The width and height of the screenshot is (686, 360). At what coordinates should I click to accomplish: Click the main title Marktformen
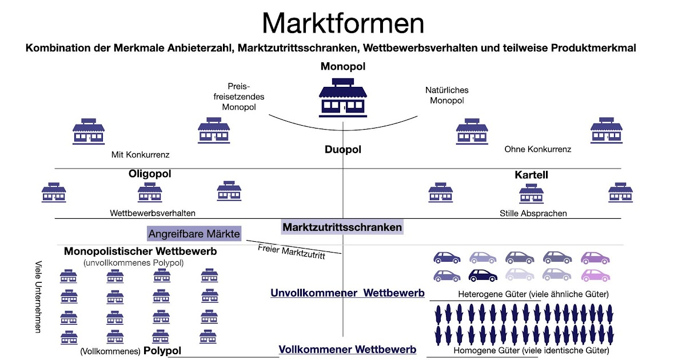[x=343, y=23]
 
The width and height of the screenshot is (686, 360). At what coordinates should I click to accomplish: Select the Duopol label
[x=343, y=150]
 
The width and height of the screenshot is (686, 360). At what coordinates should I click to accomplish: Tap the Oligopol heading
[x=150, y=174]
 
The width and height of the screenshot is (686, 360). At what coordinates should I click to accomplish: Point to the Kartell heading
[x=531, y=175]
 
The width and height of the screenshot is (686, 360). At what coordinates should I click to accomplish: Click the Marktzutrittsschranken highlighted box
[x=342, y=227]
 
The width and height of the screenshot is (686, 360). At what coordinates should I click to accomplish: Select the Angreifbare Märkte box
[x=194, y=234]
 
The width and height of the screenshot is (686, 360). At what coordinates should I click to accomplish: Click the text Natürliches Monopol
[x=446, y=95]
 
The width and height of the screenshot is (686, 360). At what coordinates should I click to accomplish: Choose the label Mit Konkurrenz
[x=141, y=154]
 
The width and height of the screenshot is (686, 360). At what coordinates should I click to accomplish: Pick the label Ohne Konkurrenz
[x=537, y=149]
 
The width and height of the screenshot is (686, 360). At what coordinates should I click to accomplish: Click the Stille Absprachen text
[x=533, y=213]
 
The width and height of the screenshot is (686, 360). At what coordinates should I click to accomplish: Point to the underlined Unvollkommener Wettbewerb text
[x=347, y=293]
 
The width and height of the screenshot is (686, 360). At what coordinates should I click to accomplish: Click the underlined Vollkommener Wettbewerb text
[x=347, y=349]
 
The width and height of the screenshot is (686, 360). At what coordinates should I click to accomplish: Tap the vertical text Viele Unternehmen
[x=38, y=297]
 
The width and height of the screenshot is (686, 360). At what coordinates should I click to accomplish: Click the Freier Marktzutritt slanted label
[x=291, y=252]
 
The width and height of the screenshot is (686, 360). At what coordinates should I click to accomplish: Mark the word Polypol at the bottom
[x=162, y=351]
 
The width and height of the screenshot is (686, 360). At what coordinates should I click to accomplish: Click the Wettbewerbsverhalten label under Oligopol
[x=153, y=213]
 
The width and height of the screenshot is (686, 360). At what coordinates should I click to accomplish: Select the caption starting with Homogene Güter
[x=531, y=351]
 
